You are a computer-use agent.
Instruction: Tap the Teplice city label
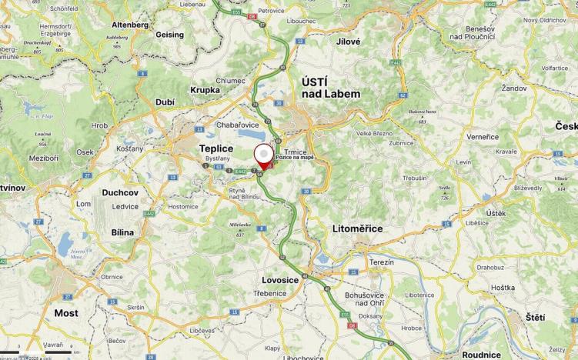coord(215,148)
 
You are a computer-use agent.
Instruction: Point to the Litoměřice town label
coord(356,228)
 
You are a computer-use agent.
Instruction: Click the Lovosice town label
coord(280,280)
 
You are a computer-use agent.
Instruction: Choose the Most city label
coord(66,313)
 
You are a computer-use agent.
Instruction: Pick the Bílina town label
coord(122,232)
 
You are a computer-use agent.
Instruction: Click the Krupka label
coord(205,89)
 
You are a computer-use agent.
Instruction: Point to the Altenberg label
coord(130,25)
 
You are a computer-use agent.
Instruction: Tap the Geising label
coord(169,35)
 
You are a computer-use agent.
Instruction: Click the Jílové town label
coord(348,42)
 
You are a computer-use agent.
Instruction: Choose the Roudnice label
coord(482,355)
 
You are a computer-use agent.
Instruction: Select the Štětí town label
coord(535,317)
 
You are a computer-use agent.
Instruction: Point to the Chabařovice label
coord(241,125)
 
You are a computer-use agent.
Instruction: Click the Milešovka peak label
coord(239,225)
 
